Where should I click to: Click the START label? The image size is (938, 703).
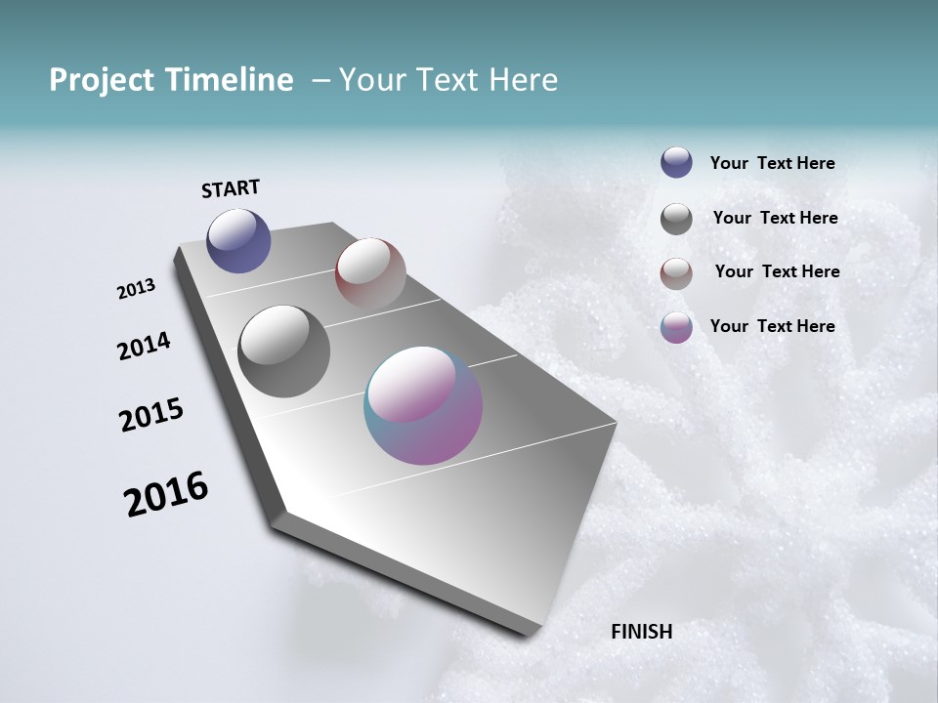[x=231, y=188]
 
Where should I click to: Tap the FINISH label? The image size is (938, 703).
[x=641, y=632]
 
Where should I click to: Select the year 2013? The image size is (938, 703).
[x=137, y=289]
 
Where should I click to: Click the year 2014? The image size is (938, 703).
[x=144, y=346]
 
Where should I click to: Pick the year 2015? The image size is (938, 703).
[x=151, y=415]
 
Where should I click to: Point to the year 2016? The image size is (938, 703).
[x=166, y=494]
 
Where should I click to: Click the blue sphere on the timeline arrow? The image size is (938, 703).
[x=238, y=241]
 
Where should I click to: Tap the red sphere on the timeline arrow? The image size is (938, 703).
[x=370, y=273]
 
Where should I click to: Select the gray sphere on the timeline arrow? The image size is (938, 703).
[x=284, y=351]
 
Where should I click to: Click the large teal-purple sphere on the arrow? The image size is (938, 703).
[x=423, y=405]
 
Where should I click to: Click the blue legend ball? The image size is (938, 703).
[x=676, y=162]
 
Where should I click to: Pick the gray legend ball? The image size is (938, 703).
[x=676, y=219]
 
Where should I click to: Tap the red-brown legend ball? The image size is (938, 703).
[x=676, y=273]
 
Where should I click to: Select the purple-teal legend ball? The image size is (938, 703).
[x=676, y=327]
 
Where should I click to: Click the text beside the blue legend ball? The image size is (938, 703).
[x=772, y=164]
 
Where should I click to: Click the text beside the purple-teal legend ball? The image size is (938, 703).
[x=772, y=326]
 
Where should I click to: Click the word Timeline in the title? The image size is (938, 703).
[x=230, y=80]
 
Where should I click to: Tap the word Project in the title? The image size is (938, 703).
[x=101, y=80]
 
